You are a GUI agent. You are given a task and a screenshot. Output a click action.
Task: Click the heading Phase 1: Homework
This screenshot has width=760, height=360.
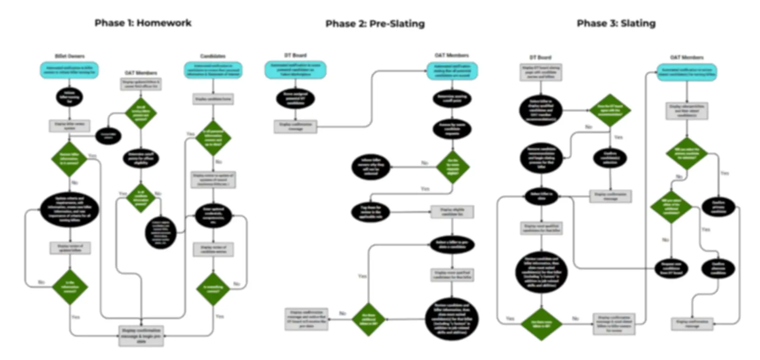143,23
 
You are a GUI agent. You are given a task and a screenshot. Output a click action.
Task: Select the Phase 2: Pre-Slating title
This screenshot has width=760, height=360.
375,24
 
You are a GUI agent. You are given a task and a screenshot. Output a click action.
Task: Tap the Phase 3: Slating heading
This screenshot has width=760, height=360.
616,23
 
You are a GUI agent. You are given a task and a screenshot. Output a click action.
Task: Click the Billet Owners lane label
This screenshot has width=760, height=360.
70,56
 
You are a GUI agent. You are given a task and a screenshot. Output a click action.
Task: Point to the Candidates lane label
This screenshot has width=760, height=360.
213,56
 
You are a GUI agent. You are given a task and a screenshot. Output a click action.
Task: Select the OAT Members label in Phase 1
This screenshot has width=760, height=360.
141,73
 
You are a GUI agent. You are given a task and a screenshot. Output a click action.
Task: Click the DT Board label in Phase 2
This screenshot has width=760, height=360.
295,55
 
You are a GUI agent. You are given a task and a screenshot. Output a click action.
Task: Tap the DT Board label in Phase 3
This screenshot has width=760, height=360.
540,57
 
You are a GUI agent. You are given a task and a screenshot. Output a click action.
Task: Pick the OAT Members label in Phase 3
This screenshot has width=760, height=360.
687,57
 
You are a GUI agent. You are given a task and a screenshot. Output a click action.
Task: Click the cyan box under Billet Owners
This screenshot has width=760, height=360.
69,70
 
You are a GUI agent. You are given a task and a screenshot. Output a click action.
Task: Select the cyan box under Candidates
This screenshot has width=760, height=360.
213,70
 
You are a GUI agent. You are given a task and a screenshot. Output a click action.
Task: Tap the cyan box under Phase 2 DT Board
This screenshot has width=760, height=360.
295,70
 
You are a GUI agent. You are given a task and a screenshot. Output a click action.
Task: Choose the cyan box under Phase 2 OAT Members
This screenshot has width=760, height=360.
452,71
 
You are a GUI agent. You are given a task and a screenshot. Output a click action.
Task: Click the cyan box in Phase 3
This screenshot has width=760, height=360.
687,72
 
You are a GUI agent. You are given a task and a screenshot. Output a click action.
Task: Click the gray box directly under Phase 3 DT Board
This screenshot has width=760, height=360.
541,72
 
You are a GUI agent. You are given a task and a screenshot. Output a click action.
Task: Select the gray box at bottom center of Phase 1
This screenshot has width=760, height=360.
141,336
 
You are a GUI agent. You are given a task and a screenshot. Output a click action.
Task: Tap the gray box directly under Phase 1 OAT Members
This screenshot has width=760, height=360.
141,84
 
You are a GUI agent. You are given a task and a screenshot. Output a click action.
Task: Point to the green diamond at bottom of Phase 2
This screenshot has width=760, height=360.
368,319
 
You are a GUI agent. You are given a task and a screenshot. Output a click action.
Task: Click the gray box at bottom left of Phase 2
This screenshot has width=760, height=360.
306,319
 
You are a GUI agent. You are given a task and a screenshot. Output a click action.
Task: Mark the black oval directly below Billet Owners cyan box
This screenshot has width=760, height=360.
69,97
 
